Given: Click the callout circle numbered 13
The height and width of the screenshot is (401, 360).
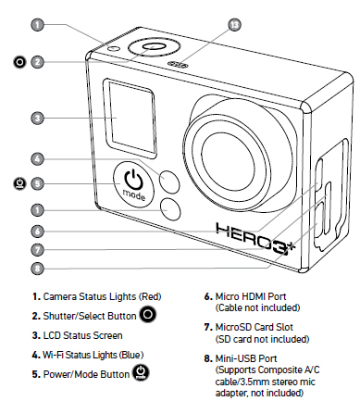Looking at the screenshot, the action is tap(234, 24).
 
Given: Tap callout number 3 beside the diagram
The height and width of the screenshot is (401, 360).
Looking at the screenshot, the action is tap(37, 118).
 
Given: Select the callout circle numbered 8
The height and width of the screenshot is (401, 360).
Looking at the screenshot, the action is tap(37, 268).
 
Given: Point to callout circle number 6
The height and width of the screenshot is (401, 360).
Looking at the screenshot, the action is tap(37, 231).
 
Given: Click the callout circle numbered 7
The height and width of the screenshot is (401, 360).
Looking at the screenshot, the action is tap(37, 249).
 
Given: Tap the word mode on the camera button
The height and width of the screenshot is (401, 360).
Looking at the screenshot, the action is tap(134, 194).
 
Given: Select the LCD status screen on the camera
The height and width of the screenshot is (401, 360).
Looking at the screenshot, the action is tap(130, 119).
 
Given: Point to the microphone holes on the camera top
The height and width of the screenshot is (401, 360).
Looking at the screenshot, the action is tap(178, 65).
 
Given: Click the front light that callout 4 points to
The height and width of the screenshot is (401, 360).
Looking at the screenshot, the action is tap(169, 180).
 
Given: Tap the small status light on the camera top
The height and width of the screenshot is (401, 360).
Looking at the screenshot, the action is tap(114, 48).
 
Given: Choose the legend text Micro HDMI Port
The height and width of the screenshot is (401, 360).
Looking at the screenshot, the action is tap(251, 296).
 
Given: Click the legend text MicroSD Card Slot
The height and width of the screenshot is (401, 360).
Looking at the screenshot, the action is tap(254, 327).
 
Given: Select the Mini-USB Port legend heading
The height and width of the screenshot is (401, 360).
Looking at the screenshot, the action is tap(246, 358).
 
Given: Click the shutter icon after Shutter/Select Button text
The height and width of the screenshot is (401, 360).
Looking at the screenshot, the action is tap(148, 314).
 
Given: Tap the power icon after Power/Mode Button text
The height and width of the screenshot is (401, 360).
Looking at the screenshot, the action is tap(141, 372).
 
